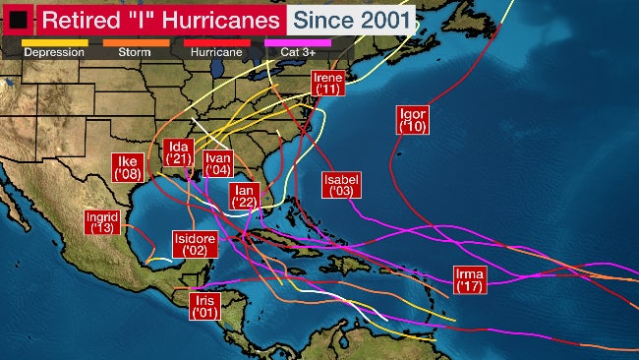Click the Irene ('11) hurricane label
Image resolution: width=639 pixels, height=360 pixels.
click(x=327, y=83)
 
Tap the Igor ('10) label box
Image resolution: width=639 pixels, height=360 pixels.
click(x=414, y=119)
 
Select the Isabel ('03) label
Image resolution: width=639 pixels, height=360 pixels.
click(x=341, y=185)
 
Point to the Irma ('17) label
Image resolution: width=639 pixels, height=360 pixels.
click(x=469, y=278)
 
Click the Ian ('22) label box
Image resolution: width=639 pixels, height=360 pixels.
click(x=243, y=196)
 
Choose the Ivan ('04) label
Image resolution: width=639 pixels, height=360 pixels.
click(x=218, y=163)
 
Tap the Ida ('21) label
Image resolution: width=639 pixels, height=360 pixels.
click(x=178, y=152)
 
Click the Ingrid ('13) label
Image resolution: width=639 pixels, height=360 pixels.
click(x=102, y=221)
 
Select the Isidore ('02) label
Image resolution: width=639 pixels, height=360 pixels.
click(x=195, y=244)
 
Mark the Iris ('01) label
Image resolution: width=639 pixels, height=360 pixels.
click(x=204, y=306)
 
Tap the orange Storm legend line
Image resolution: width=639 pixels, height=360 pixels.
click(x=135, y=42)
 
